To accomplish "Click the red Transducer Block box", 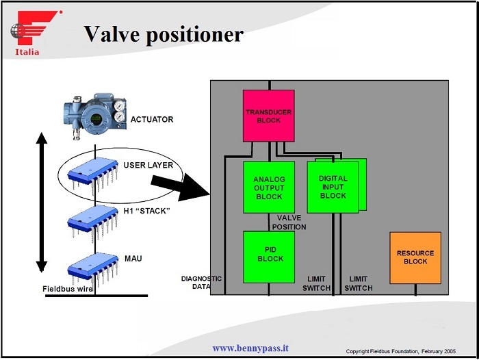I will [268, 116].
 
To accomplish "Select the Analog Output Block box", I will [269, 188].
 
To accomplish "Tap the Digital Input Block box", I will [333, 186].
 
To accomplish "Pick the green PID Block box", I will [269, 257].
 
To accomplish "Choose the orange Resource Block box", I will [415, 257].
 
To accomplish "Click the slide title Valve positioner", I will [163, 34].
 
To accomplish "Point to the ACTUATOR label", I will [152, 120].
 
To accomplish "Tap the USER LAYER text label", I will [148, 166].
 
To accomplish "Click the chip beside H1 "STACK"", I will [93, 219].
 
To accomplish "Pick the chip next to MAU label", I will [93, 268].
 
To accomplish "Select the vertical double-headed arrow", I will [42, 202].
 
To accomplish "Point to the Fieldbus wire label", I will [67, 289].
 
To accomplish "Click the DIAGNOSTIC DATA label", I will [201, 283].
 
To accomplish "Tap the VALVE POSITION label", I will [289, 222].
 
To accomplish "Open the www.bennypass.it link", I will [250, 348].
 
